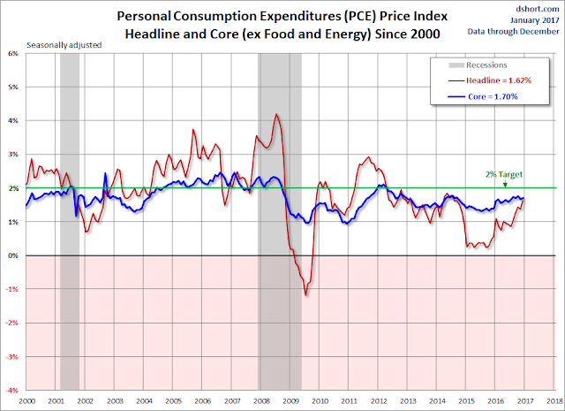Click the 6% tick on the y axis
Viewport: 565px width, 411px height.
coord(14,53)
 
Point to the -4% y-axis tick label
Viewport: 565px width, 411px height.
coord(12,390)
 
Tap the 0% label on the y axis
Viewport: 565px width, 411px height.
coord(14,255)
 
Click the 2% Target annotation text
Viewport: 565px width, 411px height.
coord(501,175)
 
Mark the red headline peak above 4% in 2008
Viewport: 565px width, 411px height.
coord(276,114)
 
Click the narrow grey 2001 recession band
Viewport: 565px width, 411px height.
coord(69,221)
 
